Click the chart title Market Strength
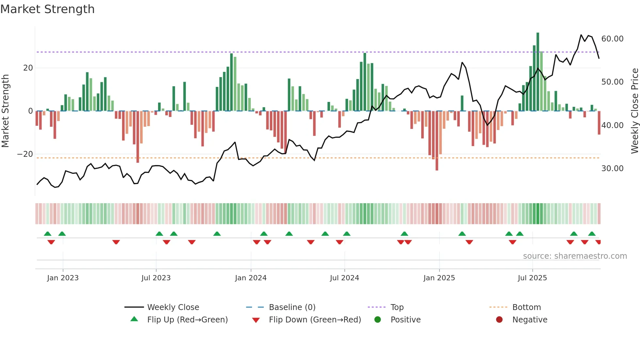(47, 9)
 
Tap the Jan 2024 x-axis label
(250, 278)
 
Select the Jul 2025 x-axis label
(532, 278)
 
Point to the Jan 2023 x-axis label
(63, 278)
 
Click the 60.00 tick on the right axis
(612, 39)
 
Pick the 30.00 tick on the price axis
(612, 169)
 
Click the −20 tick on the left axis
(25, 154)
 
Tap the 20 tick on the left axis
(28, 68)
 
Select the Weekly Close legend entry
(173, 307)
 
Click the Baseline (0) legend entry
(292, 307)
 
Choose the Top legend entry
(397, 307)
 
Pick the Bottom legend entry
(526, 307)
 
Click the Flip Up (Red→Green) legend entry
(187, 319)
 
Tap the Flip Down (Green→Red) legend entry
(315, 319)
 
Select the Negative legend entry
(529, 319)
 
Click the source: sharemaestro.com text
(575, 256)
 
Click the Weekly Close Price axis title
(634, 111)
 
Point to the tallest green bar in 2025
(538, 72)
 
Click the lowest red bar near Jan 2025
(437, 140)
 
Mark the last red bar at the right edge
(599, 123)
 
